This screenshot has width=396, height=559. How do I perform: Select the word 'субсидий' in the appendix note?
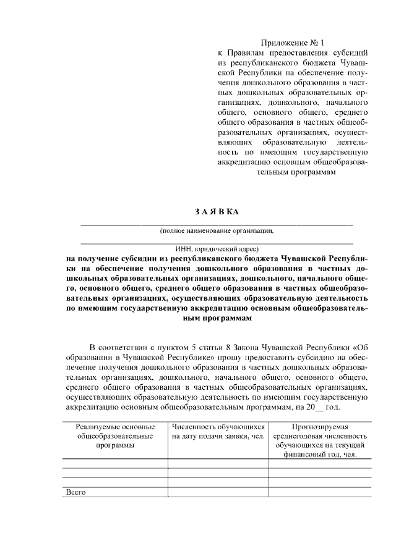tap(351, 53)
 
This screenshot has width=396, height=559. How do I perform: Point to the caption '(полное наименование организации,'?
tap(217, 230)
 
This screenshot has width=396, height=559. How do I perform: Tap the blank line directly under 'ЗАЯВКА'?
tap(217, 224)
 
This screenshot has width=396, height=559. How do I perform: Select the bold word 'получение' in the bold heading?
tap(100, 259)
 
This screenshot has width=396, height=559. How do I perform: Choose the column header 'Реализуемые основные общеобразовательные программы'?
tap(115, 436)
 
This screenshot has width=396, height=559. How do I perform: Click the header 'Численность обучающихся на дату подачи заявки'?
tap(218, 431)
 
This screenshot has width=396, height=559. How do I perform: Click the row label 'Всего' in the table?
tap(75, 492)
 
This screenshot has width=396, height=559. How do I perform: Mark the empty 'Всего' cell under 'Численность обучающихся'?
tap(218, 492)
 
